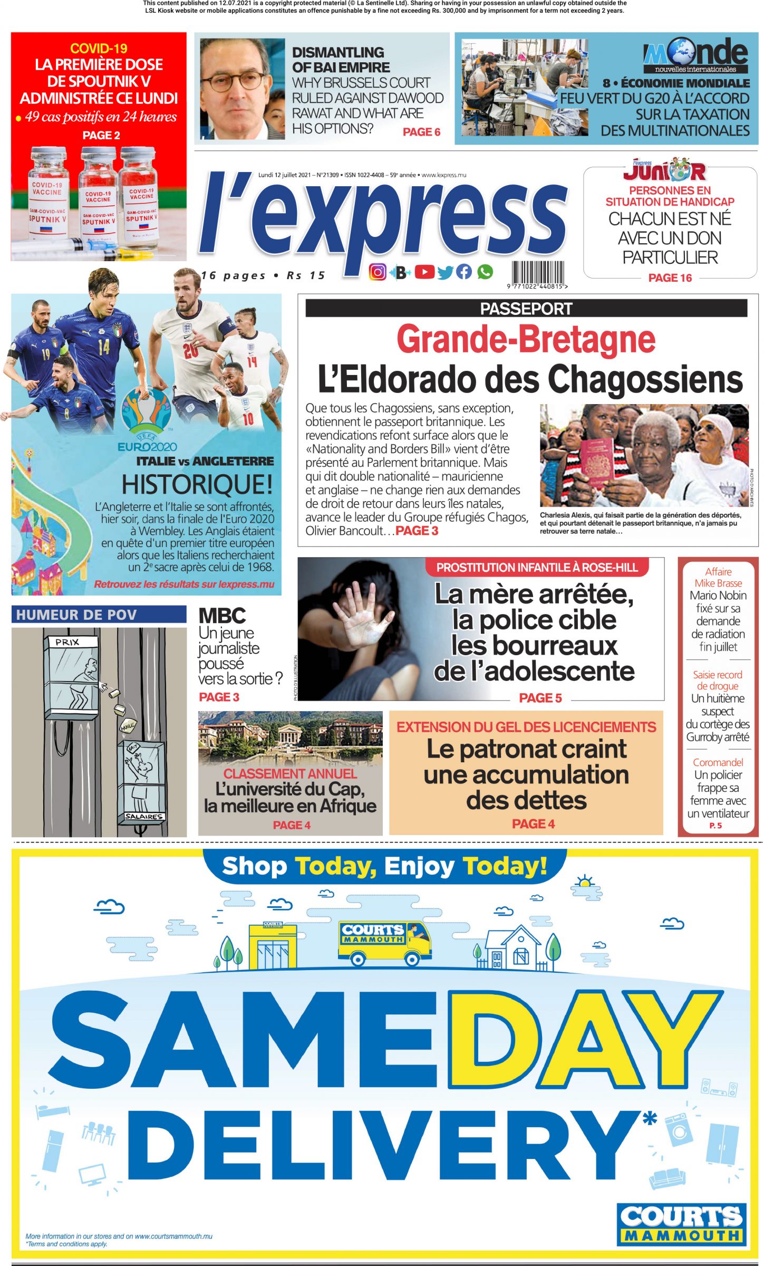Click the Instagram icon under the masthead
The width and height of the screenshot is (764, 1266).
378,272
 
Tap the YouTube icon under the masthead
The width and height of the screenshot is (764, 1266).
424,272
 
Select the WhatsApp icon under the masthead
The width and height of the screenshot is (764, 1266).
485,272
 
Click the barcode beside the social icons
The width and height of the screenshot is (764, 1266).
537,273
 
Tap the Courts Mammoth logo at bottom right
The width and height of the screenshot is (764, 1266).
682,1224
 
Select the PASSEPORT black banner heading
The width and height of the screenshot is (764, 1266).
526,309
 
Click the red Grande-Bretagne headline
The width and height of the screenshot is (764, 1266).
526,339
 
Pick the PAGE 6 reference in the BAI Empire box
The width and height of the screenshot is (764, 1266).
421,132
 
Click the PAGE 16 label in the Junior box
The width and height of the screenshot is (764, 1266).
670,277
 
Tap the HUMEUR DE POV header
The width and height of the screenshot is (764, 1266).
76,615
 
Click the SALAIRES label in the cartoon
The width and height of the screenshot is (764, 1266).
144,816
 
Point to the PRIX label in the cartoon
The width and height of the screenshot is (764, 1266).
67,642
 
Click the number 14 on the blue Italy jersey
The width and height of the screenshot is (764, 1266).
103,347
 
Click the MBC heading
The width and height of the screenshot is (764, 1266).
222,616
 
